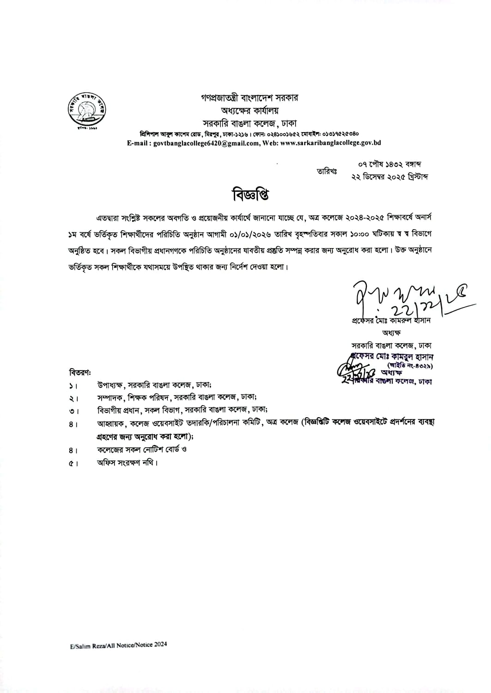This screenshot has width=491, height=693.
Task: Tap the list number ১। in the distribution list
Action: point(73,385)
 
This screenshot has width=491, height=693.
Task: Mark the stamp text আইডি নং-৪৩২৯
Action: point(406,365)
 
